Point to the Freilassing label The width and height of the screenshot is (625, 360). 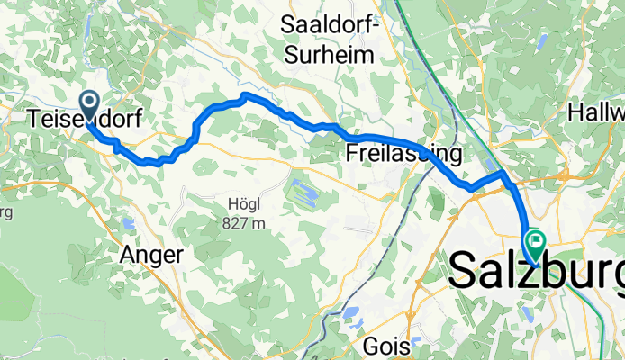(403, 154)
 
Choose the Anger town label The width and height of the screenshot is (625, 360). (151, 255)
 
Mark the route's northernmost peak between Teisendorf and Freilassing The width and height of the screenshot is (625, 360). (244, 95)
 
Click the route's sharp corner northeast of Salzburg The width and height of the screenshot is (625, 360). (503, 170)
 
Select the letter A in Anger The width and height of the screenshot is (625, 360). (128, 255)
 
